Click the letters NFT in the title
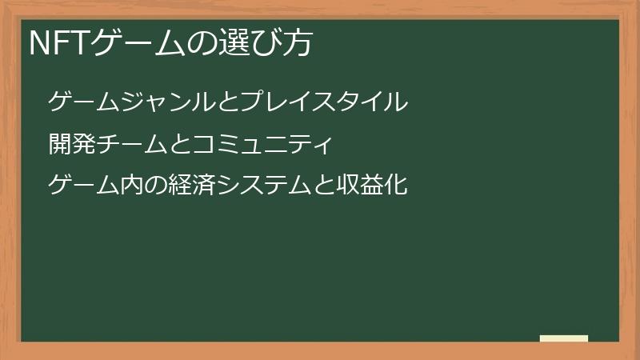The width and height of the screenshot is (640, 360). (61, 44)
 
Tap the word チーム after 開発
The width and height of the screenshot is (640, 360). (132, 145)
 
